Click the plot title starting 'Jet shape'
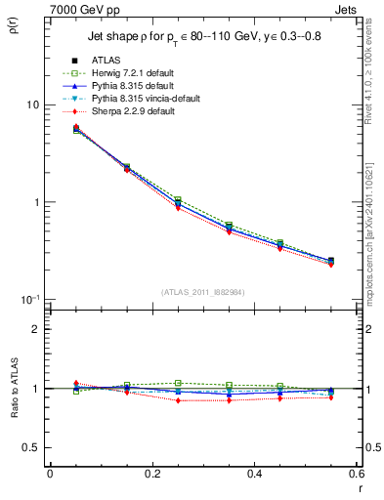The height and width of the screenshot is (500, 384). point(205,36)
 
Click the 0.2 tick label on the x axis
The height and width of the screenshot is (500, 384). point(151,475)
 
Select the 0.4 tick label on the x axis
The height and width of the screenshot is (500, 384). point(254,475)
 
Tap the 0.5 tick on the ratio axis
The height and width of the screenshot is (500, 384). point(32,447)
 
